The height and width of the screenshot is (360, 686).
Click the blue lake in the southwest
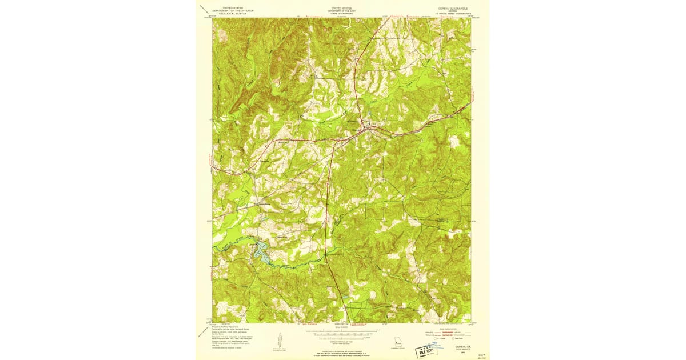[x=261, y=252]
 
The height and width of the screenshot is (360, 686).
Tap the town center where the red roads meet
[x=366, y=130]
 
